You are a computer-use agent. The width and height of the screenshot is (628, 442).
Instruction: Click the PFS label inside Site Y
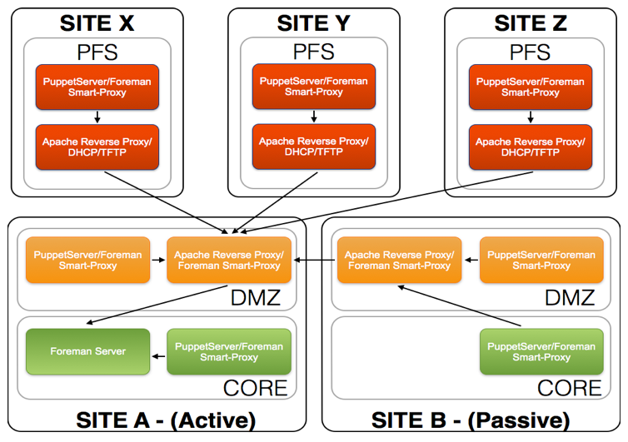[x=314, y=52]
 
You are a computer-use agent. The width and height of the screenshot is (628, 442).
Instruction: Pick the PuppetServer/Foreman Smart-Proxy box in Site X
[x=97, y=87]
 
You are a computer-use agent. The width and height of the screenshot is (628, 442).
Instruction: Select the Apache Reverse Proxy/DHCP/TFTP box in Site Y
[x=313, y=147]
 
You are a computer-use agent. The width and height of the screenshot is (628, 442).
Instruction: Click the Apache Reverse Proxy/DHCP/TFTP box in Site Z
[x=531, y=147]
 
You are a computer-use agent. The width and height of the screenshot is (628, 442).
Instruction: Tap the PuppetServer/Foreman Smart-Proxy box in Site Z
[x=531, y=87]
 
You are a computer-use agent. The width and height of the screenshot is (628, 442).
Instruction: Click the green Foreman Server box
[x=87, y=351]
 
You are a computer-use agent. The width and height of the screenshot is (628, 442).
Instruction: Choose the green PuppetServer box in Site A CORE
[x=229, y=351]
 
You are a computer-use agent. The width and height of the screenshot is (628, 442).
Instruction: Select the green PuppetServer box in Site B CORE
[x=541, y=351]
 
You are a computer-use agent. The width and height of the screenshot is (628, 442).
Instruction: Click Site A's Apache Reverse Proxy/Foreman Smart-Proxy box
[x=229, y=260]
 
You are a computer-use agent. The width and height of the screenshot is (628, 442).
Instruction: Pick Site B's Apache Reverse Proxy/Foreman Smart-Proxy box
[x=399, y=260]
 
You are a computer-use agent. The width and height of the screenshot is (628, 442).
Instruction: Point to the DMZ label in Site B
[x=569, y=298]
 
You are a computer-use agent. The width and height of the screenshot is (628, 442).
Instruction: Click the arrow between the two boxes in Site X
[x=97, y=117]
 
